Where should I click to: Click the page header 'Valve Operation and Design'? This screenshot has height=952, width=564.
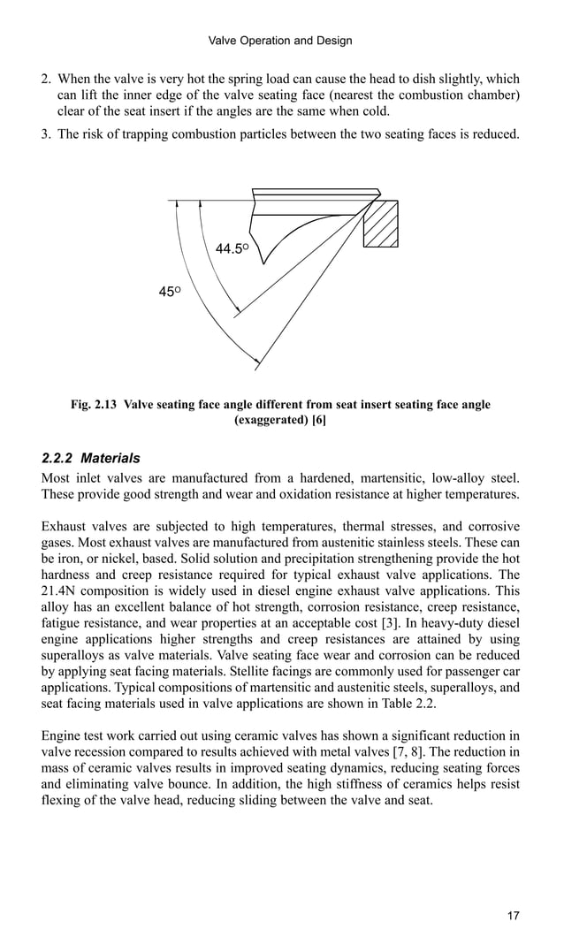[x=279, y=41]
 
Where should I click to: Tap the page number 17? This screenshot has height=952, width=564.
[x=514, y=915]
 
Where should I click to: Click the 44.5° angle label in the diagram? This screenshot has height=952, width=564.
[x=232, y=249]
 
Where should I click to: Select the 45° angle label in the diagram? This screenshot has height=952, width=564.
[x=170, y=292]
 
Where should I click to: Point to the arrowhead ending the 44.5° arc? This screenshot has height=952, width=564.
[x=237, y=310]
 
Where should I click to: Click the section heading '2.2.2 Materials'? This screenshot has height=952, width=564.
[x=91, y=459]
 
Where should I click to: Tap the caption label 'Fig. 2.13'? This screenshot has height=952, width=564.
[x=95, y=405]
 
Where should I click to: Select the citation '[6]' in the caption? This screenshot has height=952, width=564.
[x=319, y=421]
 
